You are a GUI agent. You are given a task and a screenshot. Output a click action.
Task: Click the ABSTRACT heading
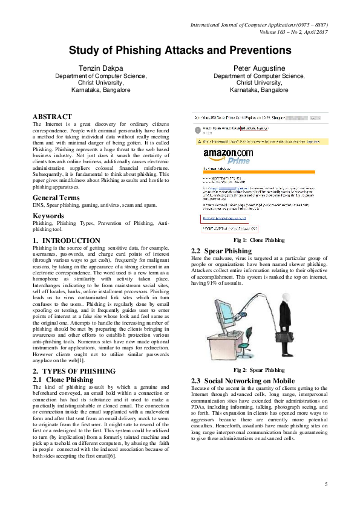pyautogui.click(x=52, y=117)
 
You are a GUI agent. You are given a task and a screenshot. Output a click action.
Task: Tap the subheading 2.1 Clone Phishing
pyautogui.click(x=62, y=380)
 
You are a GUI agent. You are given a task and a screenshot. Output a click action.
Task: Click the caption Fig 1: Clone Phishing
pyautogui.click(x=258, y=240)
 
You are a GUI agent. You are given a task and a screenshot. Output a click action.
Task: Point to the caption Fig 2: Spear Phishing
pyautogui.click(x=258, y=369)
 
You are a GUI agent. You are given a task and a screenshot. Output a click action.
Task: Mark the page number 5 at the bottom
pyautogui.click(x=326, y=484)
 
